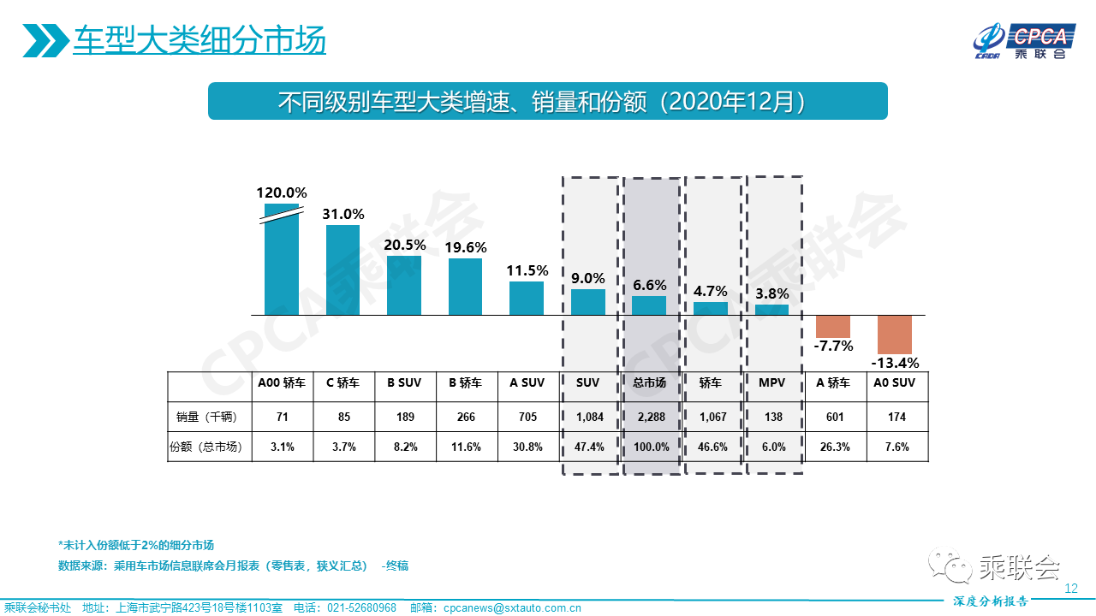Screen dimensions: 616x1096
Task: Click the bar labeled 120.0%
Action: coord(282,261)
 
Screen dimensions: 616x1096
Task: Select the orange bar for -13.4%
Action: coord(895,335)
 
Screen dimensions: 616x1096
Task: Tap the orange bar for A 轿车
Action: coord(833,326)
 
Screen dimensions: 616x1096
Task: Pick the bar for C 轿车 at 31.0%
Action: coord(342,270)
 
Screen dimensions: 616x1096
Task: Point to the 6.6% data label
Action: coord(650,284)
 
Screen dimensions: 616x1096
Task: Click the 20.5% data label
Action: coord(405,245)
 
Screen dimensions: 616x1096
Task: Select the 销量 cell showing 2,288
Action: coord(650,418)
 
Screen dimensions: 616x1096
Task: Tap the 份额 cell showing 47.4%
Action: coord(589,447)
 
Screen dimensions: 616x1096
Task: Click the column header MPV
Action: coord(771,383)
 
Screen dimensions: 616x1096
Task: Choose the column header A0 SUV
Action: coord(895,383)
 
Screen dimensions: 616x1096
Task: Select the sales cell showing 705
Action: coord(527,418)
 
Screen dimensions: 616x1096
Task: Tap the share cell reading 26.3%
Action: coord(833,447)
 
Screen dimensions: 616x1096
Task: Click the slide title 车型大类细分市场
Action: coord(199,41)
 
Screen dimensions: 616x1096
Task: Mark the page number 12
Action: coord(1070,589)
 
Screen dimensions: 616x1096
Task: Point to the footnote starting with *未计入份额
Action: coord(136,545)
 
